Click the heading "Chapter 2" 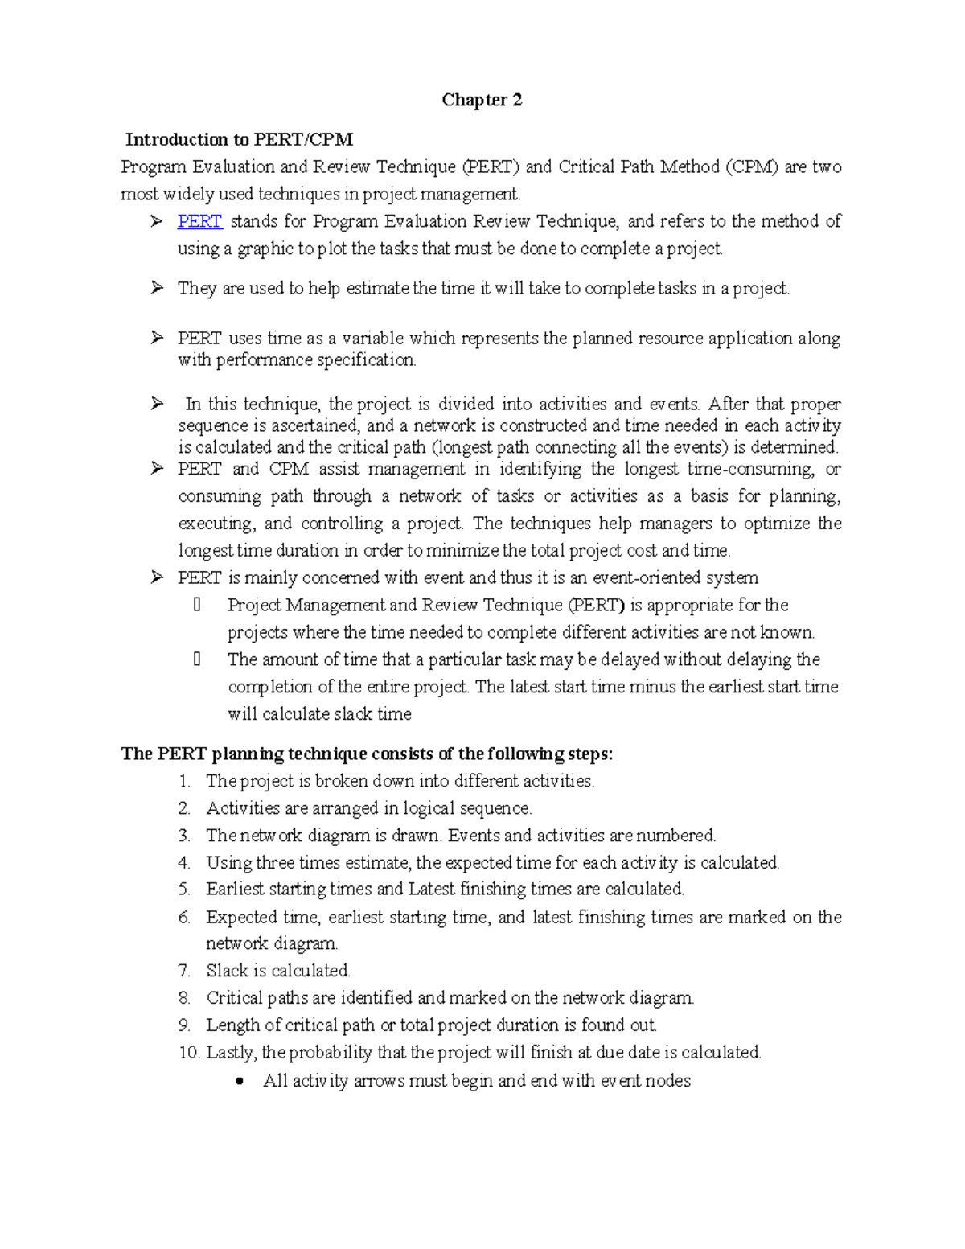(482, 100)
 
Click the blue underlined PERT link (199, 221)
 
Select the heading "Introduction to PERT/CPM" (239, 139)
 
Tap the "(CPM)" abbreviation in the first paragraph (751, 167)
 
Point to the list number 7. (184, 971)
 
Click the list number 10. (188, 1053)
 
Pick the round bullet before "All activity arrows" (239, 1082)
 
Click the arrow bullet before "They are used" (157, 288)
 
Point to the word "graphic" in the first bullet (265, 249)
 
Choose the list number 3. (184, 836)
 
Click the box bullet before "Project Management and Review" (197, 605)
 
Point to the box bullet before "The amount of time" (197, 659)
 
